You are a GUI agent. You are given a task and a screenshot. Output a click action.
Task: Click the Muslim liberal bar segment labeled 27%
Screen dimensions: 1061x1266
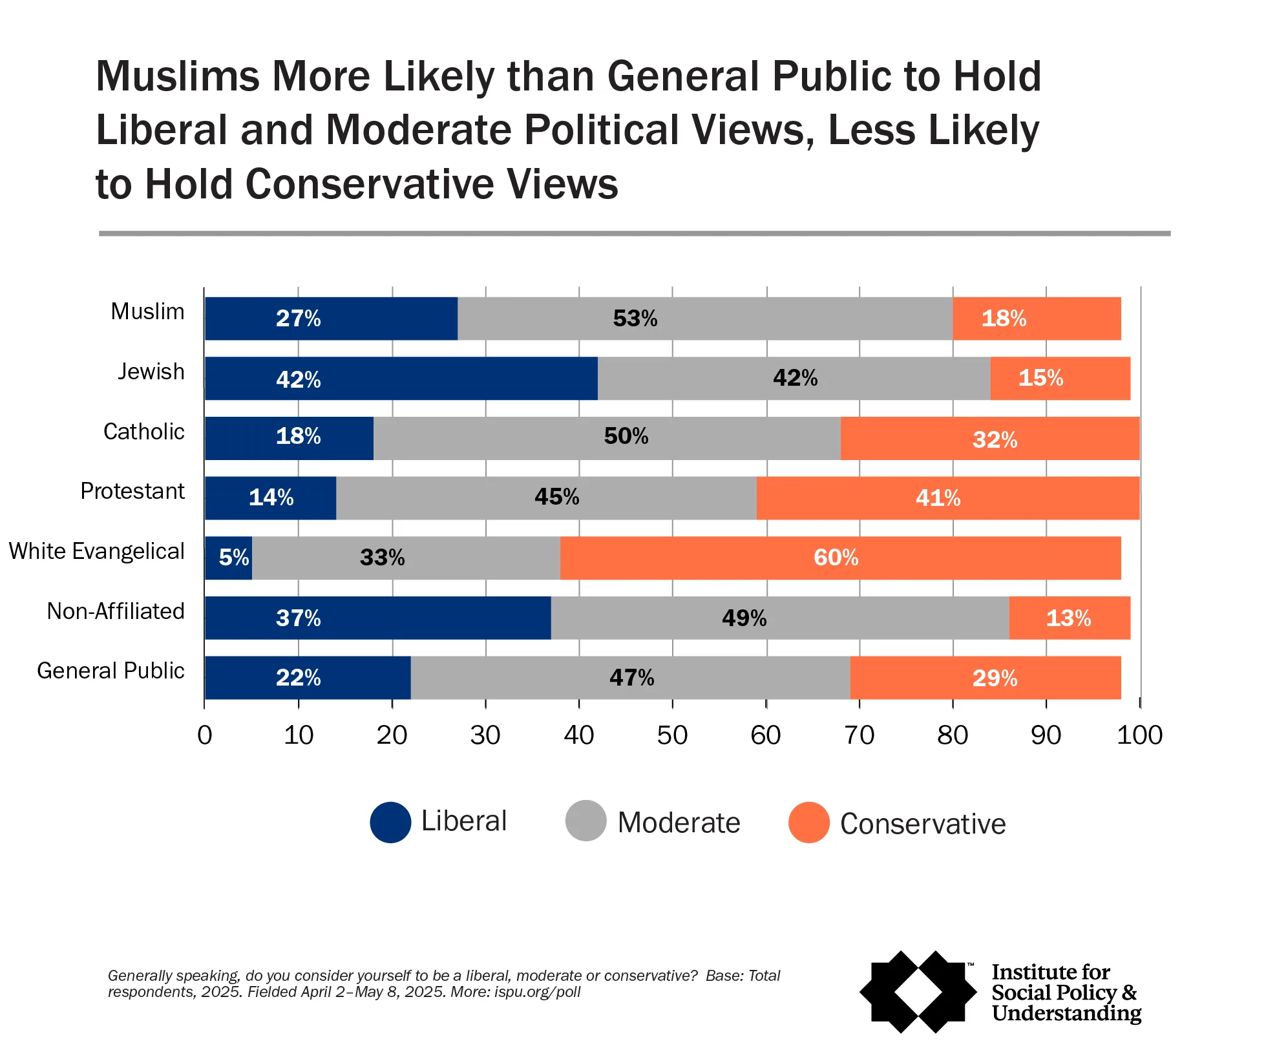tap(331, 319)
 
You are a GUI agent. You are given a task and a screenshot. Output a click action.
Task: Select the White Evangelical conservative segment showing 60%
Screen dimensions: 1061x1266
tap(840, 558)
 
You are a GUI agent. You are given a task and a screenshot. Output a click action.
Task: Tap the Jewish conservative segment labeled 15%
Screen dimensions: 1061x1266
tap(1060, 378)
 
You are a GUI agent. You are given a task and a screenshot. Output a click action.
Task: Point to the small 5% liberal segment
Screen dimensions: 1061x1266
tap(229, 558)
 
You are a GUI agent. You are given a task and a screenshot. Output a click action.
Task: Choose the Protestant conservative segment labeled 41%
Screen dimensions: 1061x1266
tap(947, 498)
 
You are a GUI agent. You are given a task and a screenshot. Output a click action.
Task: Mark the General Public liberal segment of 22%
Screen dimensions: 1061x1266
tap(308, 677)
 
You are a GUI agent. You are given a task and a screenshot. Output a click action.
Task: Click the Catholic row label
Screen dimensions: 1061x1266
tap(143, 432)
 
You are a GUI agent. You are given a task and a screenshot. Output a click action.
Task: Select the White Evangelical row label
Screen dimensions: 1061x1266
tap(96, 551)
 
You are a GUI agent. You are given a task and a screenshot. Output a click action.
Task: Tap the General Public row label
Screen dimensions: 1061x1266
tap(111, 671)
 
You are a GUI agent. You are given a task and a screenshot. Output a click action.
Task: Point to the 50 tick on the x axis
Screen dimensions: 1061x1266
tap(672, 735)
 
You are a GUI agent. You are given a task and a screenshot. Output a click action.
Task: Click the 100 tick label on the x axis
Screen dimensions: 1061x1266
tap(1139, 735)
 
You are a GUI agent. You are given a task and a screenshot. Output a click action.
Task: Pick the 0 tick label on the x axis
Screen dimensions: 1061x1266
tap(205, 735)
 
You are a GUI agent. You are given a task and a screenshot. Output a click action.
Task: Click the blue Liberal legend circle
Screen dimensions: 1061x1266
tap(390, 822)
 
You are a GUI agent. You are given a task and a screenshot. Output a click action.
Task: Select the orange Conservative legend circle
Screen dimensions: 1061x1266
tap(808, 822)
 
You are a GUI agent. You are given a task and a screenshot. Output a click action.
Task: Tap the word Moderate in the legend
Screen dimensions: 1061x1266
tap(679, 823)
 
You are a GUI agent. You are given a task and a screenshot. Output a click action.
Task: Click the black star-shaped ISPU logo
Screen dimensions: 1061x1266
tap(918, 991)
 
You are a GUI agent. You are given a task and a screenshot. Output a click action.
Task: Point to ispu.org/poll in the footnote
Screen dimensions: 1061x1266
tap(537, 992)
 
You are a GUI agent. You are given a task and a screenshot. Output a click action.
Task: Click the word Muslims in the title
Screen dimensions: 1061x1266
tap(178, 76)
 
